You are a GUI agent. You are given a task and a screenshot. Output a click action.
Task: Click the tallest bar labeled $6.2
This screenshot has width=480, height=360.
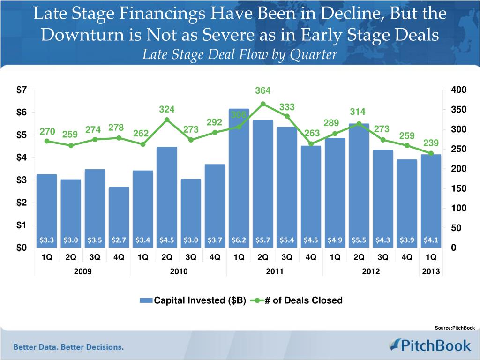pos(239,178)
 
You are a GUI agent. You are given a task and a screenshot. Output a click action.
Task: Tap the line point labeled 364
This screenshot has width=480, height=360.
pos(263,104)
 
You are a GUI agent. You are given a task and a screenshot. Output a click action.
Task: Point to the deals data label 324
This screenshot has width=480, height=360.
pos(167,109)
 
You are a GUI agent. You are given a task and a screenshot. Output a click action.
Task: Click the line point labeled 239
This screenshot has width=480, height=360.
pos(431,153)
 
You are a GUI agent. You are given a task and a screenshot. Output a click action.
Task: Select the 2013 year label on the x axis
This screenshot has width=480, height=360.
pos(431,271)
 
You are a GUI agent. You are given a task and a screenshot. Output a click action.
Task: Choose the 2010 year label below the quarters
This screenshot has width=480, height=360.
pos(179,271)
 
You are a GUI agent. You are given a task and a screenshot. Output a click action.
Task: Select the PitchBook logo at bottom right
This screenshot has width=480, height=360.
pos(430,346)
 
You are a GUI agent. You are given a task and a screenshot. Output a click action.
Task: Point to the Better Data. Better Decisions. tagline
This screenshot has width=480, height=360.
pos(68,347)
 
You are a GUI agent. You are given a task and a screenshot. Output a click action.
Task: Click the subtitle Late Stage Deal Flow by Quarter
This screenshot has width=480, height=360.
pos(240,55)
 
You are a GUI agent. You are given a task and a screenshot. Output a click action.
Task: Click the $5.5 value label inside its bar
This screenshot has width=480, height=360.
pos(359,240)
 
